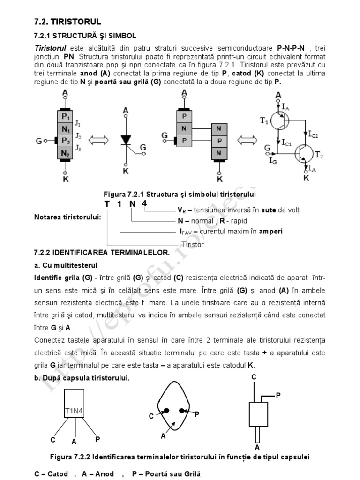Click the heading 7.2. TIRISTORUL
click(67, 22)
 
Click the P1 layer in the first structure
click(65, 117)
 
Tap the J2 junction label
click(79, 137)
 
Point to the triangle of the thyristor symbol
click(126, 139)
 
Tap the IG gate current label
click(273, 161)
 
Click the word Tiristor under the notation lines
click(193, 244)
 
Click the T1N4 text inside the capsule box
click(74, 412)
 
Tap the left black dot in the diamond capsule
click(166, 411)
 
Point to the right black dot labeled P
click(182, 411)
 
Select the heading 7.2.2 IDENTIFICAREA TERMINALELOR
click(102, 252)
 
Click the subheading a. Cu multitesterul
click(67, 265)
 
